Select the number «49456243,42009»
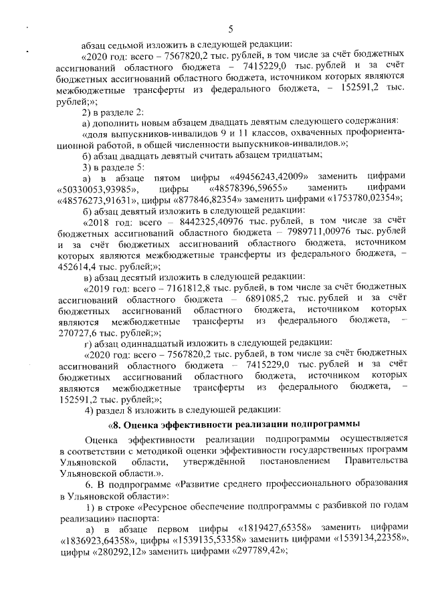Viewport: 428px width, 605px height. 263,176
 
